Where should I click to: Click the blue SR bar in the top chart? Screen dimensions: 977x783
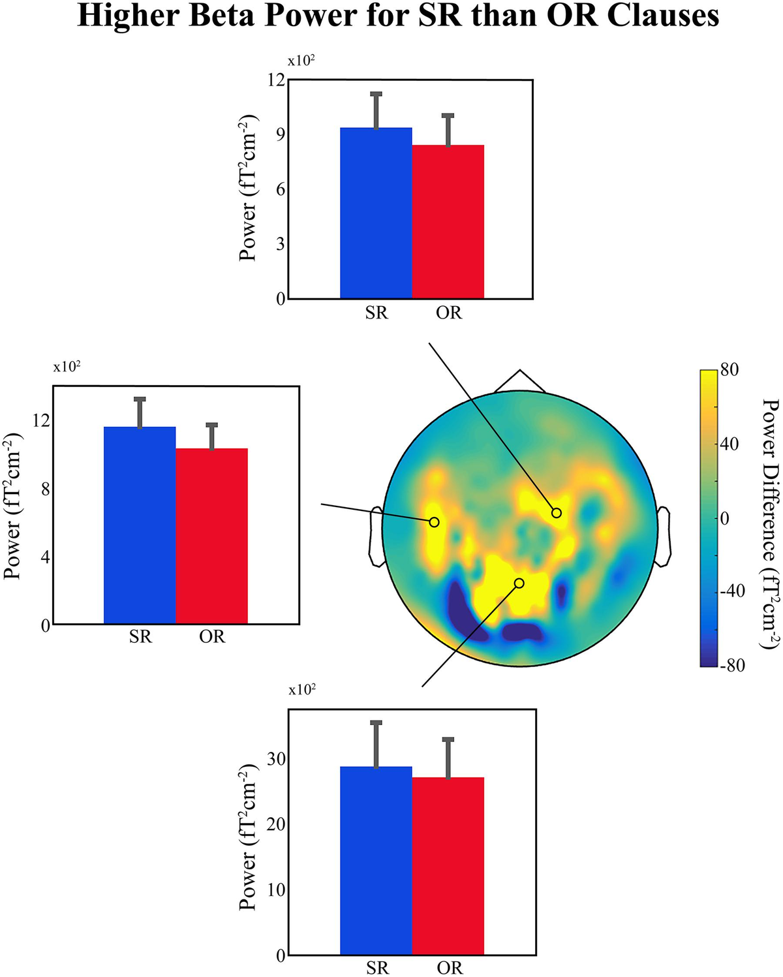(x=376, y=213)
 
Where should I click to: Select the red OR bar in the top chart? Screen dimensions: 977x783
(x=448, y=222)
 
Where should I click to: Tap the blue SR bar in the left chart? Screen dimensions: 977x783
(x=140, y=525)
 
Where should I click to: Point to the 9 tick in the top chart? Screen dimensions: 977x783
(x=279, y=134)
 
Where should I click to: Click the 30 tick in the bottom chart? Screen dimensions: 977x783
(x=276, y=759)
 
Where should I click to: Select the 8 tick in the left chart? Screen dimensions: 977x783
(x=45, y=489)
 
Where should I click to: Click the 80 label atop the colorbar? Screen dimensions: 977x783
(x=729, y=370)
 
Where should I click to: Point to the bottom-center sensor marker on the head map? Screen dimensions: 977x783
(x=519, y=583)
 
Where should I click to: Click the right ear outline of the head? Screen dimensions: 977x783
(x=664, y=536)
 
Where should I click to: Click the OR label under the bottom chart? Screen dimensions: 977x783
(x=449, y=967)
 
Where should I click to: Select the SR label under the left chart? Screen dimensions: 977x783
(x=140, y=636)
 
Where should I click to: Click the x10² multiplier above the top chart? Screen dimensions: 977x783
(x=301, y=61)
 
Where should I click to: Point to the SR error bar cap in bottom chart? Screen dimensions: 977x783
(x=376, y=722)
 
